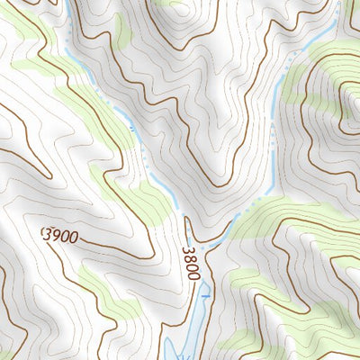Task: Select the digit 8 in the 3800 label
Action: point(189,257)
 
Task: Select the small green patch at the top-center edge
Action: point(171,3)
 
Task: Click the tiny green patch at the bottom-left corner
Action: point(4,353)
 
